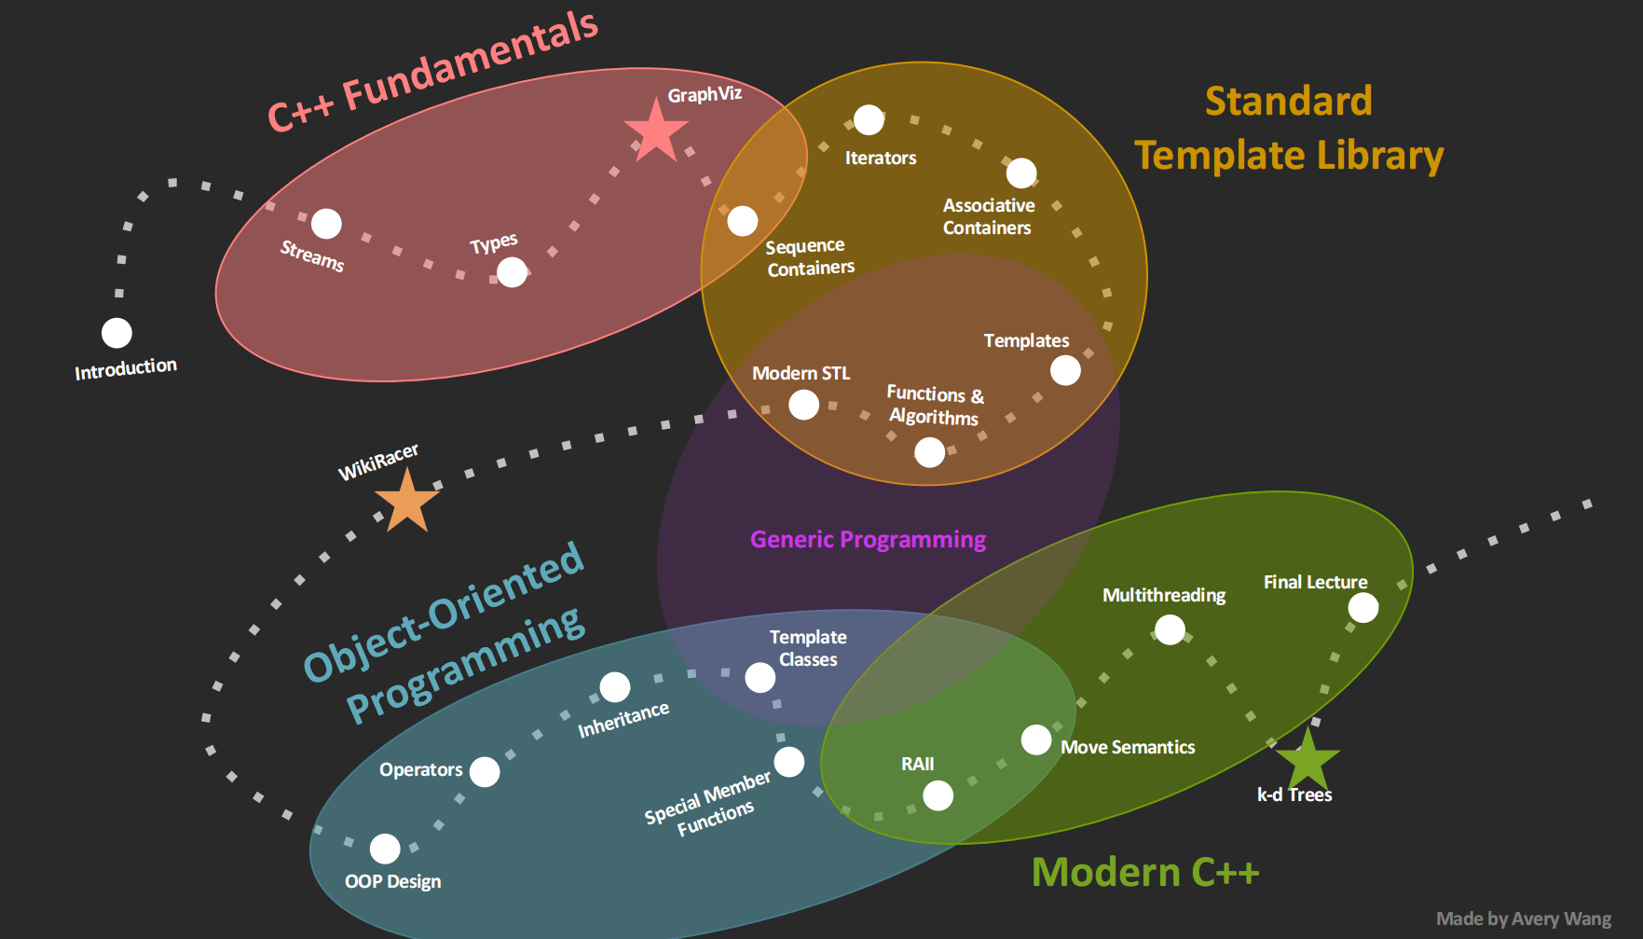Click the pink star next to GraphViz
(x=656, y=131)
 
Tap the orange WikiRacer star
(x=407, y=502)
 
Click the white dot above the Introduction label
(x=116, y=333)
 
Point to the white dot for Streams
(x=326, y=224)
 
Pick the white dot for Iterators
(x=869, y=119)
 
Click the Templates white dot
(x=1065, y=370)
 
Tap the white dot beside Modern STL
(x=803, y=405)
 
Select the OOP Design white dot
(x=385, y=849)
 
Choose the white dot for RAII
(x=938, y=795)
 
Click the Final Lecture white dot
(x=1363, y=608)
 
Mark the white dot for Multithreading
(x=1170, y=630)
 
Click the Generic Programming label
(x=868, y=540)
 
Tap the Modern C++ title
(x=1145, y=873)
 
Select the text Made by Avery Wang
(x=1524, y=918)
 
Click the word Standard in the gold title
(x=1288, y=101)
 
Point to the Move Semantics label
(x=1128, y=747)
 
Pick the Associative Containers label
(x=988, y=216)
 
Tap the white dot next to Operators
(x=485, y=772)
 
